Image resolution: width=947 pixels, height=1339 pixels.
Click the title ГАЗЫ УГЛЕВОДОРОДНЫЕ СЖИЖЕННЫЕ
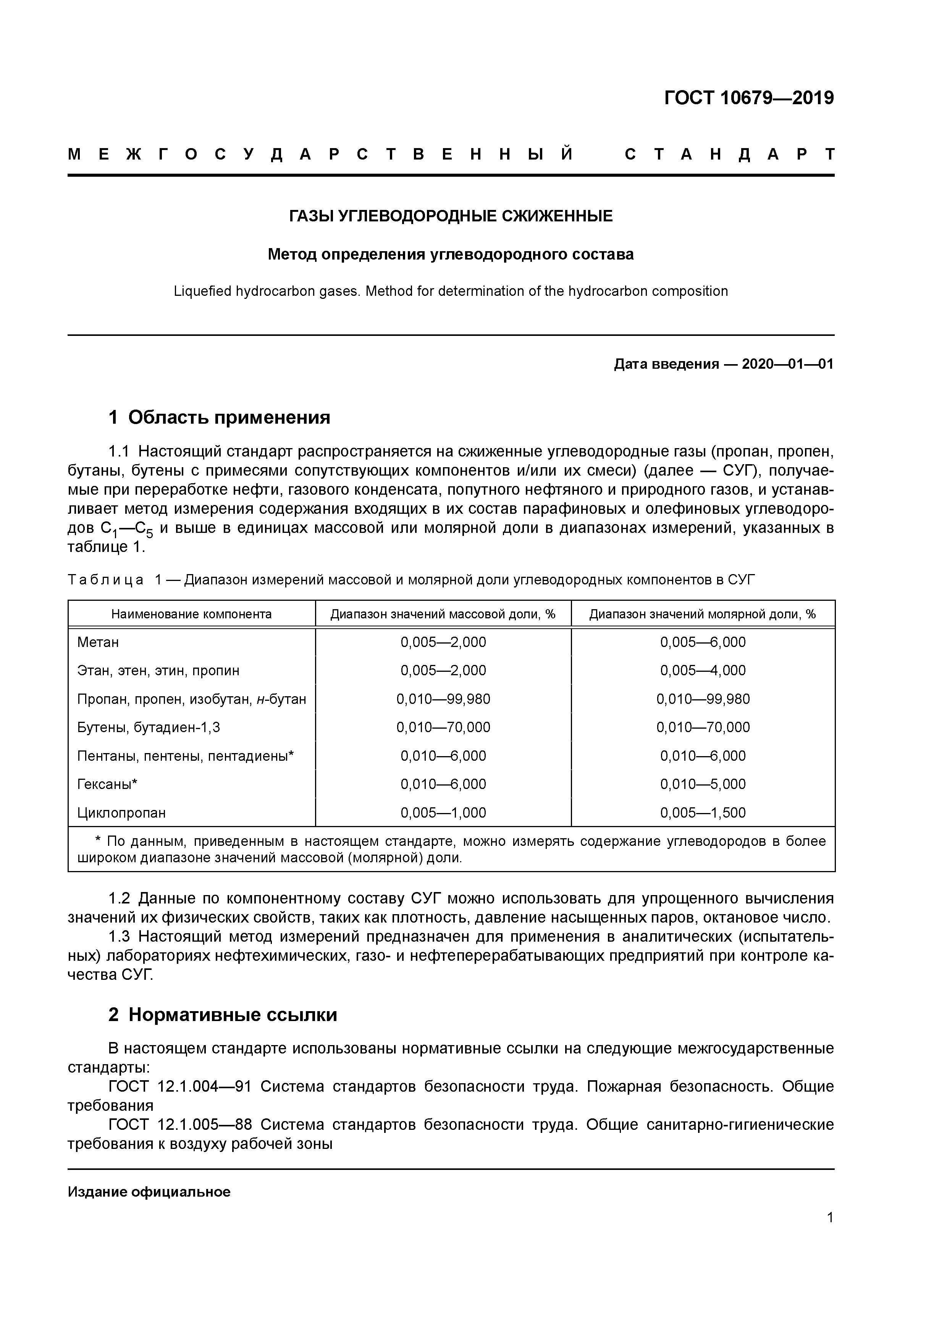tap(451, 216)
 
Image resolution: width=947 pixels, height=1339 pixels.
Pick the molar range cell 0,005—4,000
tap(703, 671)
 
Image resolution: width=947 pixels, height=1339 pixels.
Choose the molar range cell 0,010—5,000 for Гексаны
tap(703, 784)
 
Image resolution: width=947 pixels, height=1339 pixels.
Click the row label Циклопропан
tap(121, 813)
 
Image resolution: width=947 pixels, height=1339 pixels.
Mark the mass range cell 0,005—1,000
tap(443, 813)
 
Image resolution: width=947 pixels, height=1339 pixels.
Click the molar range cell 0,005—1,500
tap(703, 813)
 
